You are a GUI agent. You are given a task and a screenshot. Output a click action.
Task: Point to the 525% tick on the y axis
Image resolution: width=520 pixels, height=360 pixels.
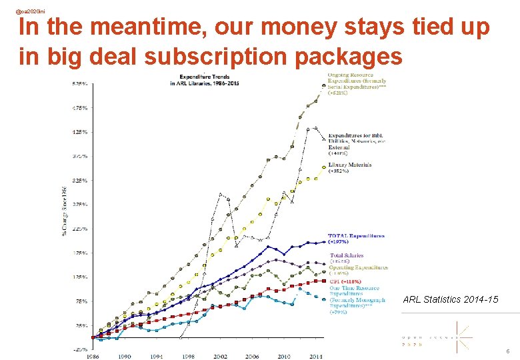(79, 83)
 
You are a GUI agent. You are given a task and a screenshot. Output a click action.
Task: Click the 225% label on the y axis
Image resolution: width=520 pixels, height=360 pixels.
(79, 229)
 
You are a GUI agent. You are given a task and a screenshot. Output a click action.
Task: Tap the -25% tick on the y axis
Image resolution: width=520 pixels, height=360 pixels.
(79, 349)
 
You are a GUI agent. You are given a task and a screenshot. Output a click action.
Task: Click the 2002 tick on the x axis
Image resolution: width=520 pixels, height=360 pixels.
(221, 357)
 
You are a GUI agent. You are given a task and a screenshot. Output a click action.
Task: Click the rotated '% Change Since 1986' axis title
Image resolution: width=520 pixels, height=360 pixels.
(65, 213)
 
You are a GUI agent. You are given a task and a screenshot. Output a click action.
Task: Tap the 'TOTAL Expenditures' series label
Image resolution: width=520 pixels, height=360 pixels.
(356, 236)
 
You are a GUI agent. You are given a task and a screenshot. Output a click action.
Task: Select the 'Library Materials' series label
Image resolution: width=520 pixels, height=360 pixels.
(349, 165)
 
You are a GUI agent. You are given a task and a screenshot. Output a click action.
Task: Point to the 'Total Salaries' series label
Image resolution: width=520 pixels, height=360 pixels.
(347, 255)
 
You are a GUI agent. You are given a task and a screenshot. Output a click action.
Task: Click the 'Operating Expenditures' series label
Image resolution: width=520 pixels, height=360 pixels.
(358, 267)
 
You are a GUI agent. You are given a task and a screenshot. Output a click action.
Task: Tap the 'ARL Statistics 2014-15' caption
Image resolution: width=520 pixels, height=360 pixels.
(451, 300)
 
